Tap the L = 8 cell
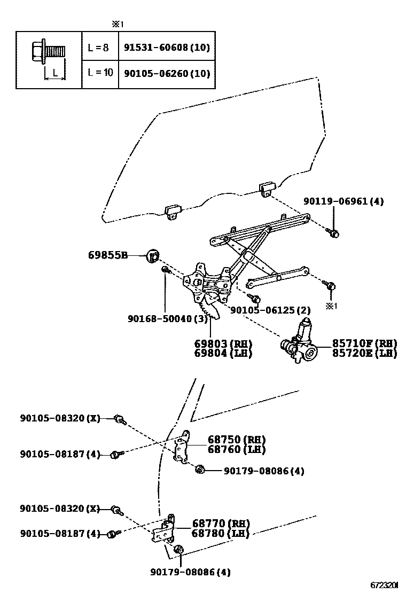[x=98, y=47]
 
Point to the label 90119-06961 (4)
[x=343, y=201]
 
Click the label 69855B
[x=108, y=255]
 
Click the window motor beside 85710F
[x=300, y=343]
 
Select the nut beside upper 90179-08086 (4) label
[x=200, y=470]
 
